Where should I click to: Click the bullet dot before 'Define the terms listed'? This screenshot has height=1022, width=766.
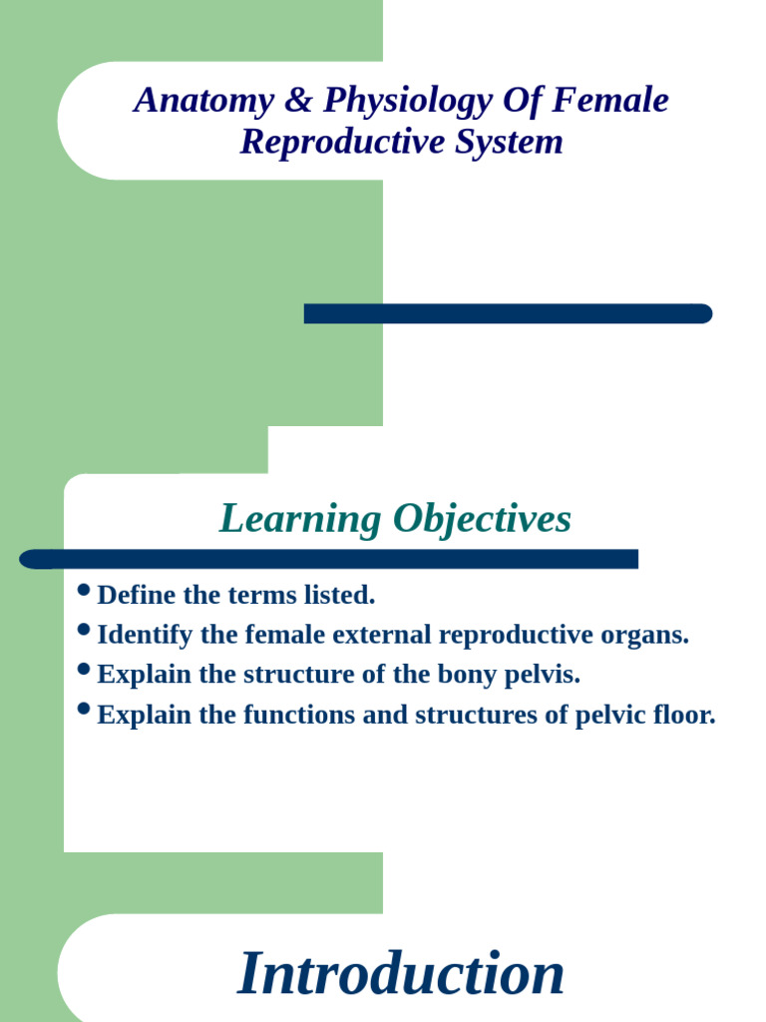tap(84, 592)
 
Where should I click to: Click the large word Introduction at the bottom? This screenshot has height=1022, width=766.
tap(401, 975)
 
